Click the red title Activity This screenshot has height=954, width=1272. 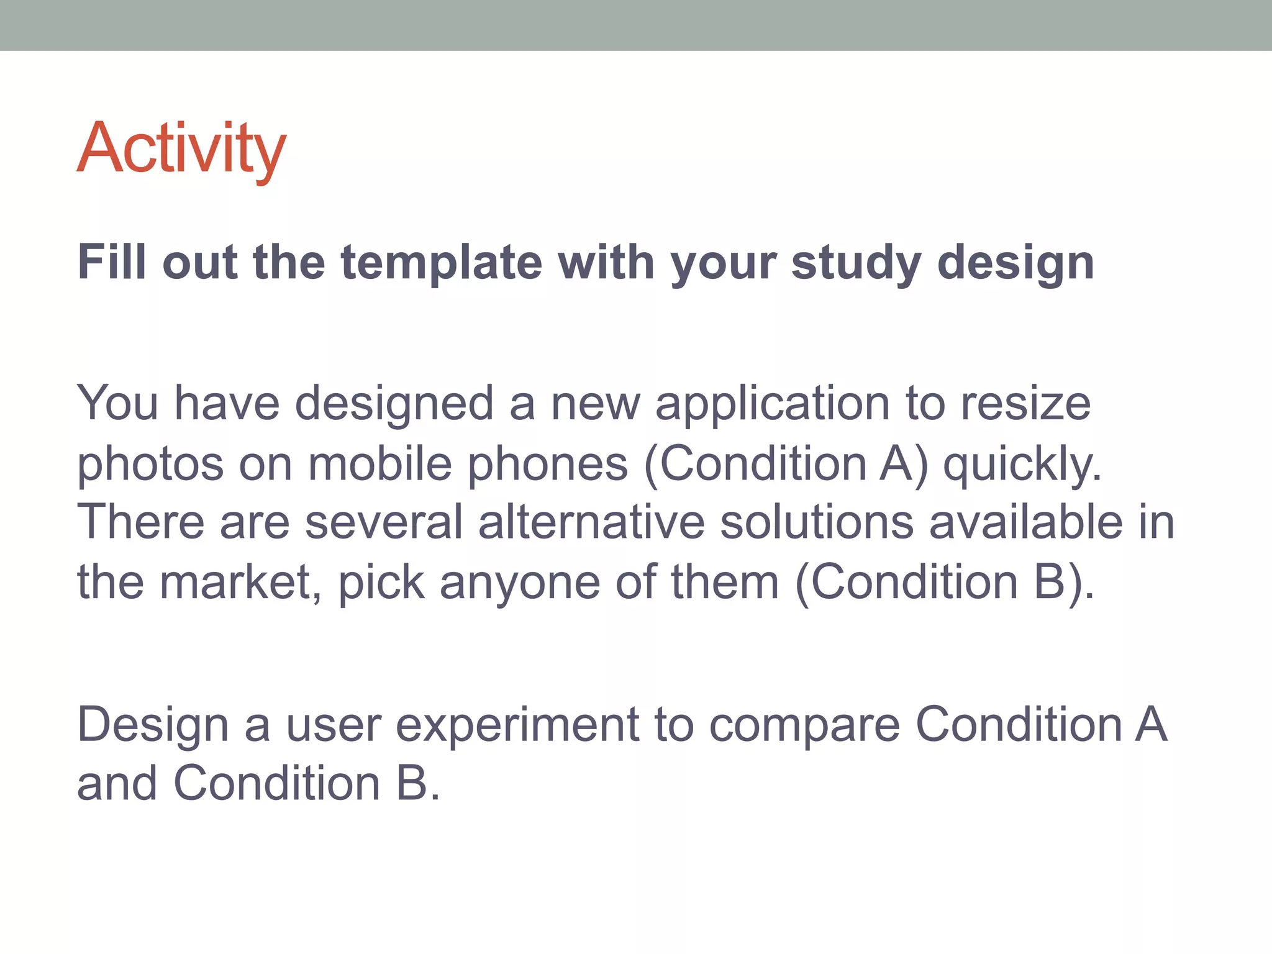[x=181, y=149]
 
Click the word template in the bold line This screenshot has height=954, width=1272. [x=442, y=263]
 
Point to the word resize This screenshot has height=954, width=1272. [x=1025, y=404]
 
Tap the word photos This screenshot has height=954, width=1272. [x=150, y=465]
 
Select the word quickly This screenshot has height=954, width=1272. [x=1022, y=465]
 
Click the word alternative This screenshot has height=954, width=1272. [x=591, y=522]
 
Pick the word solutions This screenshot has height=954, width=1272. [x=817, y=522]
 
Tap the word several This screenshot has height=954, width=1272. [x=384, y=522]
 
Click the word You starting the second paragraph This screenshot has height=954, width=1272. [x=117, y=404]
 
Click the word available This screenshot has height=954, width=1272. [x=1025, y=522]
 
